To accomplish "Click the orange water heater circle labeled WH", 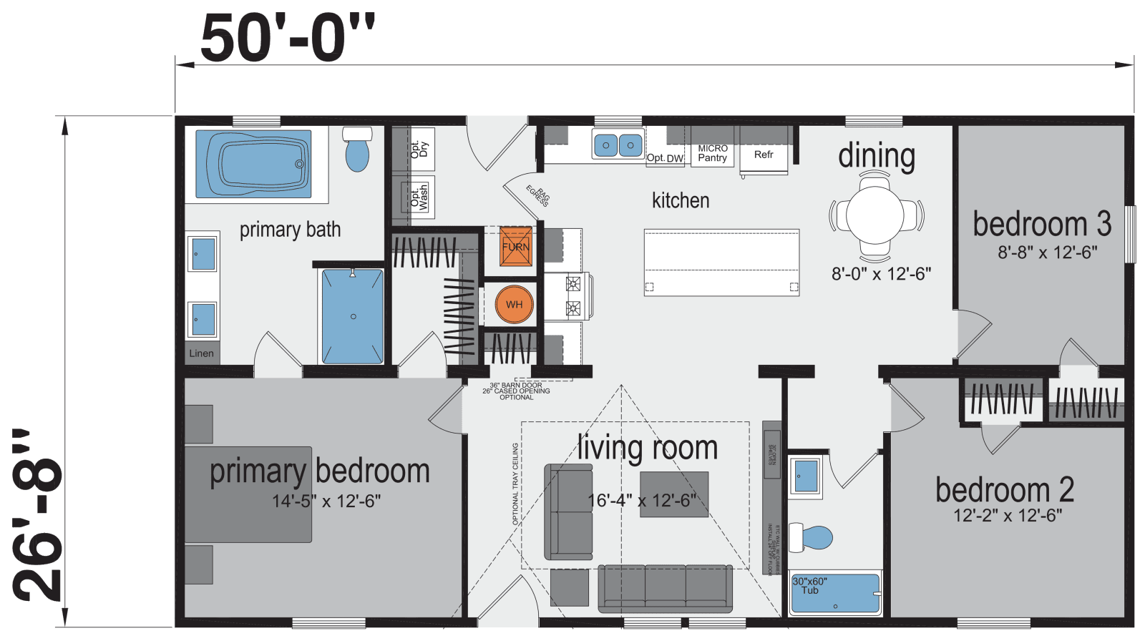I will point(514,304).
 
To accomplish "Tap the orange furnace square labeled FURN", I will point(515,246).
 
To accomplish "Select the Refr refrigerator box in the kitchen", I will point(764,155).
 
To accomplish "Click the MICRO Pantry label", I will point(712,153).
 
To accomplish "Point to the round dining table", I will point(874,215).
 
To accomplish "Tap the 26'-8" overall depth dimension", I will point(37,515).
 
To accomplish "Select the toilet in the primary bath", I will point(356,150).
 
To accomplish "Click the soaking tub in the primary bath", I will point(254,164).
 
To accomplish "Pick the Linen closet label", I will point(201,353).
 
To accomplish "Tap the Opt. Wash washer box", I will point(419,197).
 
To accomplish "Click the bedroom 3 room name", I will point(1041,224).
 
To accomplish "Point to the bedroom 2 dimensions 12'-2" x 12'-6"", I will point(1007,515).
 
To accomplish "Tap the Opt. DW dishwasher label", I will point(665,158).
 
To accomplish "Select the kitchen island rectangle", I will point(721,262).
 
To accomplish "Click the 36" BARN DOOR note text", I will point(516,386).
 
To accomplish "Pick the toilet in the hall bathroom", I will point(814,538).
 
